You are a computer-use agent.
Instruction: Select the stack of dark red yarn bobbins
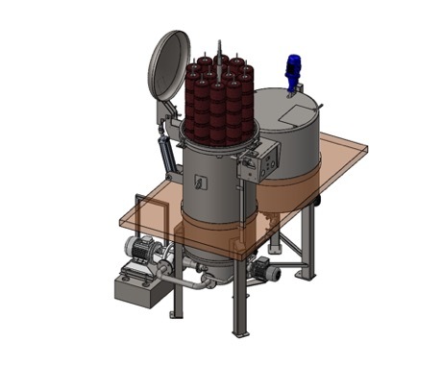point(220,101)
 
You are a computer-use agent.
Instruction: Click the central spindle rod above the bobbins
point(220,48)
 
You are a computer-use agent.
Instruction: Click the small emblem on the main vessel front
point(200,180)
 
